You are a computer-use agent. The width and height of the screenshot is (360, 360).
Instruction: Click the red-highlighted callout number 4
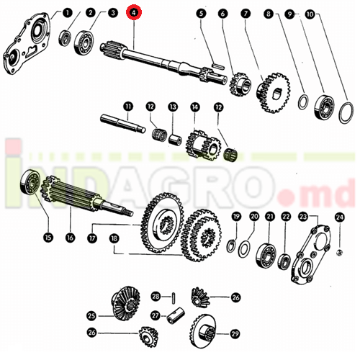point(134,13)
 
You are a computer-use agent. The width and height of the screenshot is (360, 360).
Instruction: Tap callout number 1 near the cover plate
point(68,12)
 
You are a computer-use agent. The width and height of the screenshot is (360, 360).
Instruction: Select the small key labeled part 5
point(218,66)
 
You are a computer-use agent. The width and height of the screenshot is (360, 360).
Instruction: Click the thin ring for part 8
point(303,102)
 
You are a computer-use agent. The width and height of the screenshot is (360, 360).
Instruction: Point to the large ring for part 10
point(346,113)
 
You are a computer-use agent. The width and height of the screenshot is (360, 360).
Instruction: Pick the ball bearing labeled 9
point(324,107)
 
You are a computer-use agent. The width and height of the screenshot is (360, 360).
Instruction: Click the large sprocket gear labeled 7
point(274,93)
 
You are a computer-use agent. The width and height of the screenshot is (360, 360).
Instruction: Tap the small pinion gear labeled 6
point(240,84)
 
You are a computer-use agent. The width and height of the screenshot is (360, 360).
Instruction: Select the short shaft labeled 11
point(123,123)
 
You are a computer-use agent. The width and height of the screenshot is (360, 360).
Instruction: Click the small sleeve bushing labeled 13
point(175,140)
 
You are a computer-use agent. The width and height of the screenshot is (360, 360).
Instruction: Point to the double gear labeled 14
point(203,145)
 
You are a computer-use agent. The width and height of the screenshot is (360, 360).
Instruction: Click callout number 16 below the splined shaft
point(70,238)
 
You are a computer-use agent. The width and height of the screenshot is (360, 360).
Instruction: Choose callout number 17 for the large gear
point(92,238)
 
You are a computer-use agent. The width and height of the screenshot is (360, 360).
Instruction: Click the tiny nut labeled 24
point(339,252)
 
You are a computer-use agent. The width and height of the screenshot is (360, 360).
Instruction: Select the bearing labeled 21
point(266,256)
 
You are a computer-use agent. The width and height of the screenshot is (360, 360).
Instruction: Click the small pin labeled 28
point(174,297)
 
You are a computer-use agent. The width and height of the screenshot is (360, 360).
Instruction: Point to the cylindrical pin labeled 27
point(176,315)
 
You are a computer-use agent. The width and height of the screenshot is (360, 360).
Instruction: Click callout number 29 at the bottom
point(235,333)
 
